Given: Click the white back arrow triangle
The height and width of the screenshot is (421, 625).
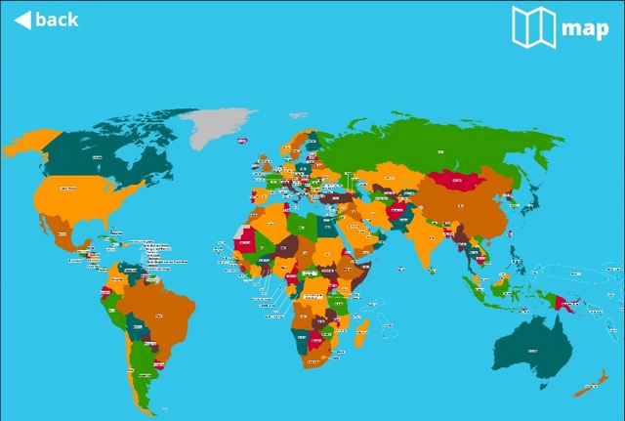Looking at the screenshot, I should tap(21, 20).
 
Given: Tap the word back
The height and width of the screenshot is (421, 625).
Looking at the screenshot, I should tap(57, 20).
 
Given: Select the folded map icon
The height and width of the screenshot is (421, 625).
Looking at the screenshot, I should tap(533, 27).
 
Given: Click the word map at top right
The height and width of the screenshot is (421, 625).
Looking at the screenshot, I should tap(585, 28).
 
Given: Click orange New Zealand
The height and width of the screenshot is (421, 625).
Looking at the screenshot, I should tap(591, 387).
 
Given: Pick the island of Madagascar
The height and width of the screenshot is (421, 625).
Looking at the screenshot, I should tap(360, 321).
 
